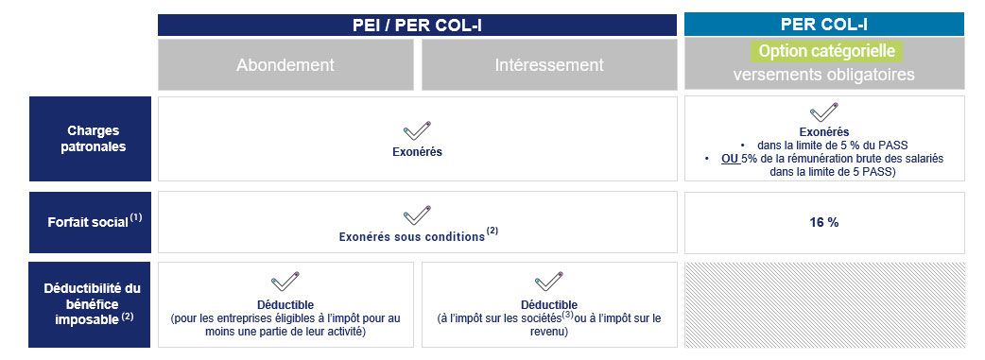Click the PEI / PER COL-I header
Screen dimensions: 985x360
click(x=417, y=26)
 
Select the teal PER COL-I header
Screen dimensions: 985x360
click(x=824, y=25)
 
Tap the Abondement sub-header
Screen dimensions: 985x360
click(x=285, y=64)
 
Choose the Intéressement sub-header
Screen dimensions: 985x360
click(x=549, y=64)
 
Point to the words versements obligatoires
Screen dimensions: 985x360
click(x=823, y=74)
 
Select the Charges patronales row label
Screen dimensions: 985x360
click(x=94, y=139)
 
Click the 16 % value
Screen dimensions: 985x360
click(x=824, y=222)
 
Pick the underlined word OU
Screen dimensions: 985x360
click(x=730, y=159)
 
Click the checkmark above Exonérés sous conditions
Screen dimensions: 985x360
click(x=417, y=214)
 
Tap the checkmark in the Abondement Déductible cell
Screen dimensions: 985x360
click(x=285, y=282)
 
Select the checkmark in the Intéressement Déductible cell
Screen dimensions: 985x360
click(x=549, y=282)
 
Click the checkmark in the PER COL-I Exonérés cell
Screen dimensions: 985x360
click(x=824, y=112)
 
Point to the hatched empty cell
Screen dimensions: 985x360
click(x=824, y=304)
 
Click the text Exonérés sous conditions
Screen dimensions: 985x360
click(x=412, y=237)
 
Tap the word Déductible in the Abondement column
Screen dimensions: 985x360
click(x=285, y=305)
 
